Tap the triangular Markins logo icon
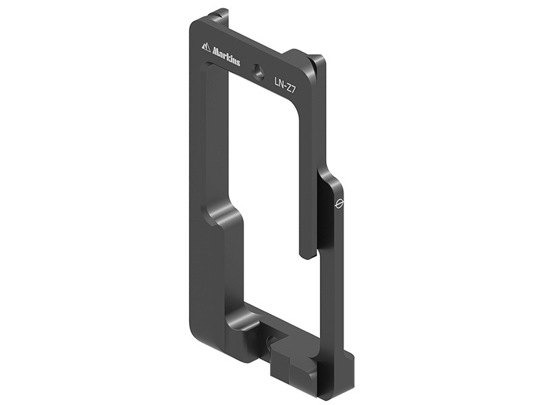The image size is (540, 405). tap(206, 46)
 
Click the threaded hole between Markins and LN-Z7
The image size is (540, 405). tap(257, 70)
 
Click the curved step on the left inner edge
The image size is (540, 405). tap(223, 215)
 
